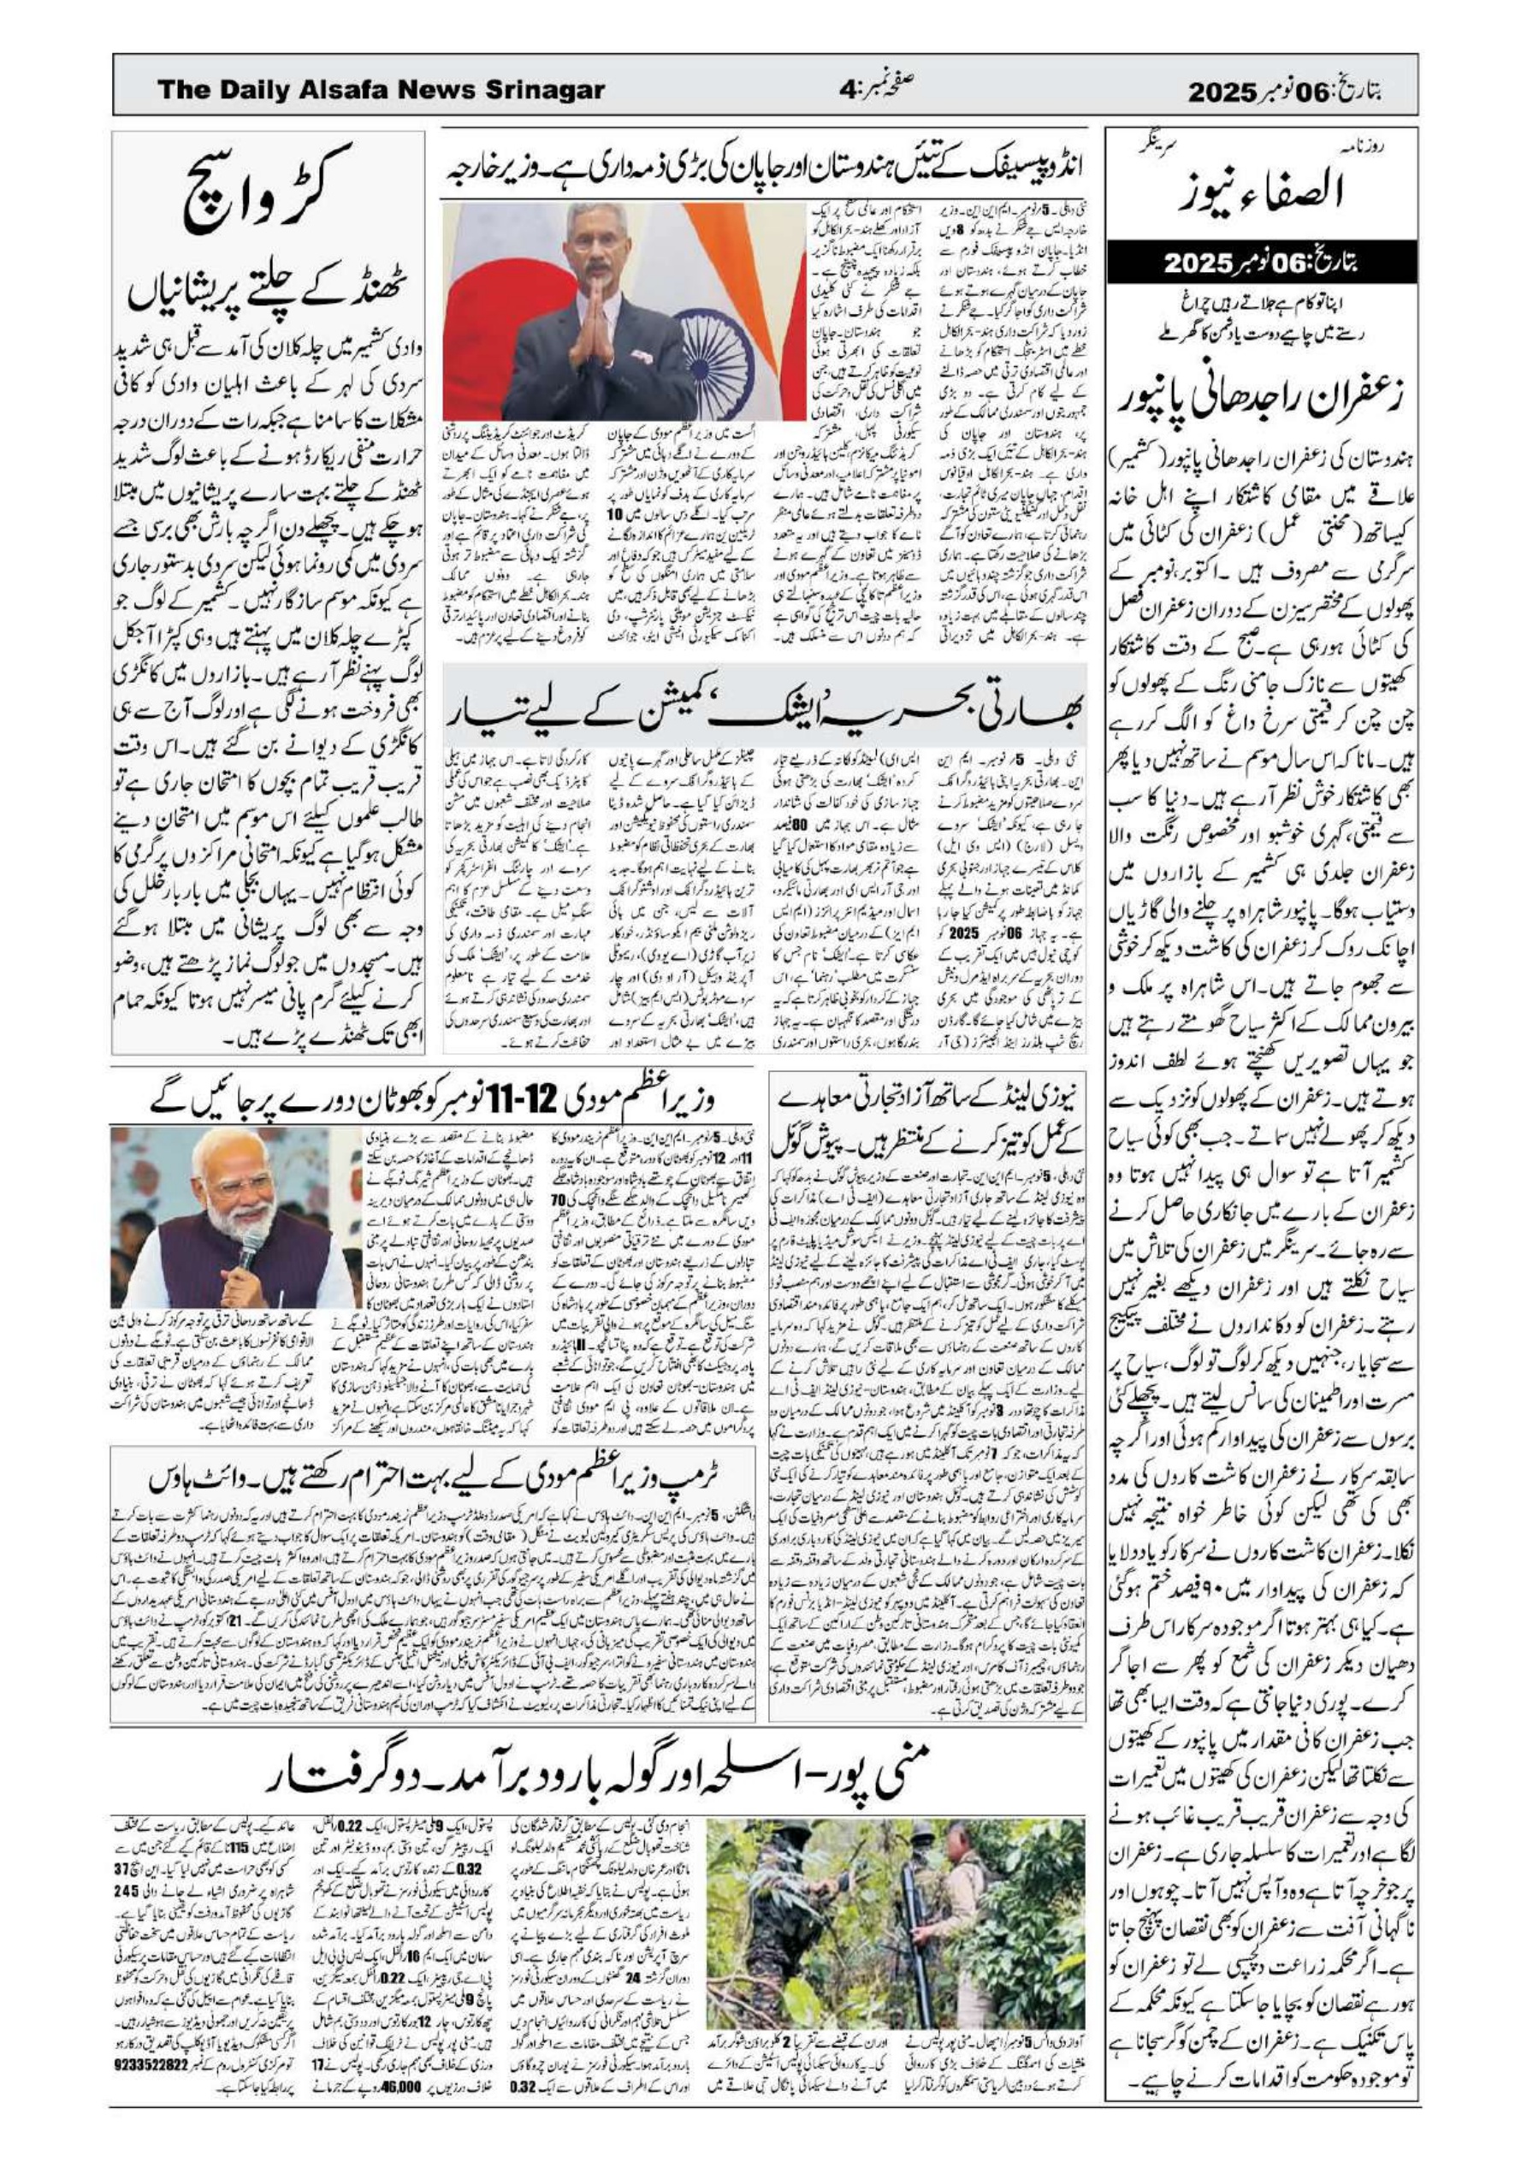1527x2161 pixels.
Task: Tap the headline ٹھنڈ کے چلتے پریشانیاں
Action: point(269,300)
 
